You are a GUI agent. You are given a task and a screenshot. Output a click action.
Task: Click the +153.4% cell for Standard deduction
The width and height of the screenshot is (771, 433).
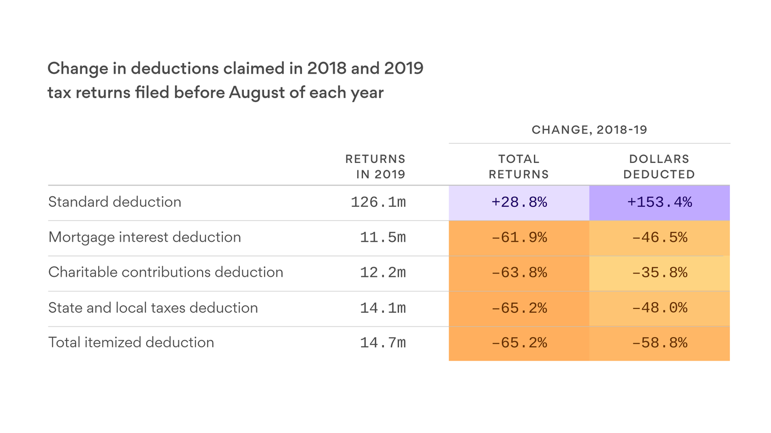[659, 202]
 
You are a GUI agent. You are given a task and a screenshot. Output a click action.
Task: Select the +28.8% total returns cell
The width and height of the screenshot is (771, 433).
[519, 202]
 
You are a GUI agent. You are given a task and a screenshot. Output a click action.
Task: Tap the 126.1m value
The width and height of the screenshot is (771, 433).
[378, 202]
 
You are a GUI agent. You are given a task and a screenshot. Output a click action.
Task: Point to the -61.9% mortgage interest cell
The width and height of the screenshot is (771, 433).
[519, 237]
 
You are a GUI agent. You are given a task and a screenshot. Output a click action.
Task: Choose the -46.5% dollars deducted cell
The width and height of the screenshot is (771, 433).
[659, 237]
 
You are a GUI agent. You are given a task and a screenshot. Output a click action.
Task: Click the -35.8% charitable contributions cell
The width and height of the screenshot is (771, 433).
[659, 273]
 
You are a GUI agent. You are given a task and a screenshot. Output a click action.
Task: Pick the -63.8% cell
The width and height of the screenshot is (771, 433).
[519, 273]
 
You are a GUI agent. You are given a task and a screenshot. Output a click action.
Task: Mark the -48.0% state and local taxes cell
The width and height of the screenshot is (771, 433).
[659, 308]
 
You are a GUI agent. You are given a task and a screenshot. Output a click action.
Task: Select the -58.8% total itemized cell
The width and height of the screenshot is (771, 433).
[659, 343]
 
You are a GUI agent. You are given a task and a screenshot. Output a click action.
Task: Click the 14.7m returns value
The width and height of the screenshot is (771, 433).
[383, 343]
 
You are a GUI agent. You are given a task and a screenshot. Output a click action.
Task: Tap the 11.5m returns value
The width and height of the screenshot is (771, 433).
[383, 237]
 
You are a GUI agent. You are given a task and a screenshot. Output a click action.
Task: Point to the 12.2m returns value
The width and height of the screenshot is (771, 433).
[383, 273]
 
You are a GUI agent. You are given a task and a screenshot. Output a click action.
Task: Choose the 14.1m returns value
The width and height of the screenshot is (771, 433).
[383, 308]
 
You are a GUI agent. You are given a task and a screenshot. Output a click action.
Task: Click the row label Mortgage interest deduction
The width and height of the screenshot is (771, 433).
[144, 237]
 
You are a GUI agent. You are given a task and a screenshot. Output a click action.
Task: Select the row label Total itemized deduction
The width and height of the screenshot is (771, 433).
[131, 342]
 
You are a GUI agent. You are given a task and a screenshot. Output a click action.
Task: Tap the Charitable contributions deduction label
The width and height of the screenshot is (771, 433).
[165, 272]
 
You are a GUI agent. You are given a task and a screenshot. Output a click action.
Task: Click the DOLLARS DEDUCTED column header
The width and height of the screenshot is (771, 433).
[659, 167]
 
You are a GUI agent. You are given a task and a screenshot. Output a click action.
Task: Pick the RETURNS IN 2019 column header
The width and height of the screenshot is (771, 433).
[375, 167]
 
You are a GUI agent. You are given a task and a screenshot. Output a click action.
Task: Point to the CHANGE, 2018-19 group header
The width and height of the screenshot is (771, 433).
[589, 130]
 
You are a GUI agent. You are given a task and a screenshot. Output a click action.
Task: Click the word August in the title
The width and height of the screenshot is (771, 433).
[256, 92]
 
